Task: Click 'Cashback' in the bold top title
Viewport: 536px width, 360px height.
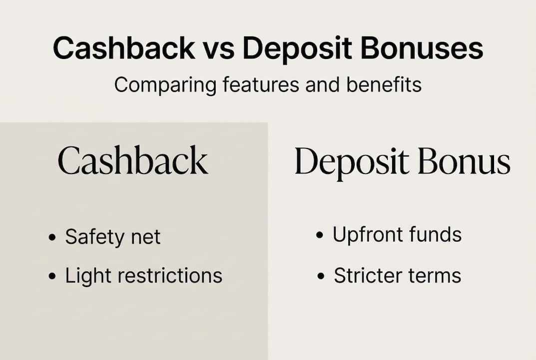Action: point(124,48)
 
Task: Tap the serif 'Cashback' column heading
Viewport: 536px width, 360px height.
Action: point(133,161)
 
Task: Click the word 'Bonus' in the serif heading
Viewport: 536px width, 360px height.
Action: point(464,161)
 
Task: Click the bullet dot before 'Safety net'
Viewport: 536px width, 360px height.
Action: point(52,237)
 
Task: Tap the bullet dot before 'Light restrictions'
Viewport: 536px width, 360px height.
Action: point(52,276)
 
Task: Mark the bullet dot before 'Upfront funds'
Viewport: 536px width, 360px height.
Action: point(320,235)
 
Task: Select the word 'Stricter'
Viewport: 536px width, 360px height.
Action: point(367,275)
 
